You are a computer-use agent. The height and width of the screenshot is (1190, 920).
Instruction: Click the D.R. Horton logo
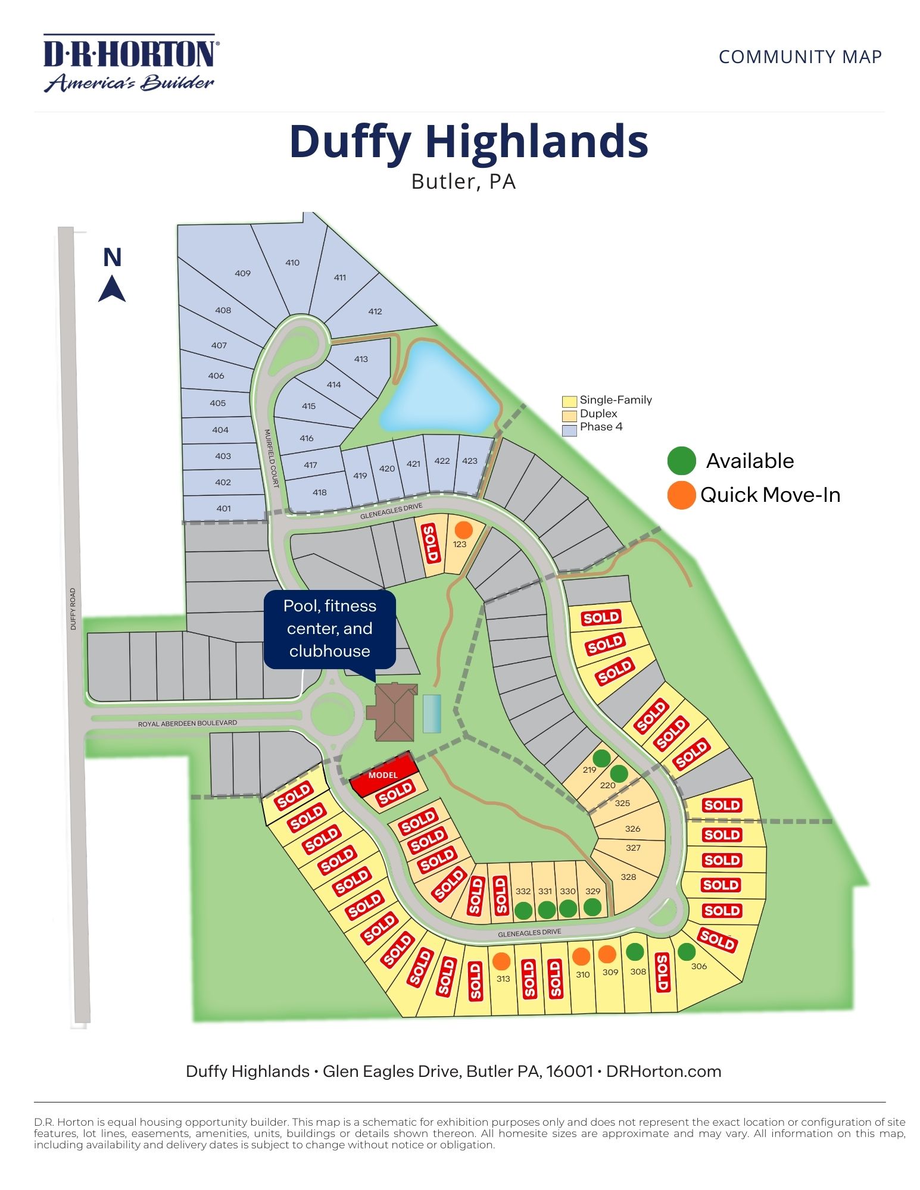[130, 63]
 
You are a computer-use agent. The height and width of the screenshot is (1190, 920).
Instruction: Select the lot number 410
[292, 263]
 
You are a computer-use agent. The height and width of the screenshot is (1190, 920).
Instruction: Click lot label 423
[470, 461]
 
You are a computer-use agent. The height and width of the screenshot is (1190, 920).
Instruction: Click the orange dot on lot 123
[463, 529]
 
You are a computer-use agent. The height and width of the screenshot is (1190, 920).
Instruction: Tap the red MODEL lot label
[383, 774]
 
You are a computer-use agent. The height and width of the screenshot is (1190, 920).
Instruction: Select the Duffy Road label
[73, 609]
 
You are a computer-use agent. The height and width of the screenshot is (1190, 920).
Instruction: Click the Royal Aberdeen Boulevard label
[188, 723]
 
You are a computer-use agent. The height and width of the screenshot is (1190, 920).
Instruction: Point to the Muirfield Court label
[272, 458]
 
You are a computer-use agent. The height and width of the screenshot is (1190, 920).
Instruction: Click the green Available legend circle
[682, 461]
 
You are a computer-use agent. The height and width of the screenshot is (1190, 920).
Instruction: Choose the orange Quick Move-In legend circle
[682, 495]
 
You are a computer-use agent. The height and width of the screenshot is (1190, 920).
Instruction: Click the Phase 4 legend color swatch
[569, 429]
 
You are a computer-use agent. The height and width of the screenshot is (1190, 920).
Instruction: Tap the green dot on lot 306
[687, 952]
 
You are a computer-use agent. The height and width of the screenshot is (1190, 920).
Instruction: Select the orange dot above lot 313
[502, 961]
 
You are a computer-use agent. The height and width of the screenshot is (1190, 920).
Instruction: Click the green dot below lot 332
[523, 910]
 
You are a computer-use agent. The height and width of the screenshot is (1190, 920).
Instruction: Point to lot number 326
[633, 829]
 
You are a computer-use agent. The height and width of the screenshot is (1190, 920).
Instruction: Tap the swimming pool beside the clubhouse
[432, 713]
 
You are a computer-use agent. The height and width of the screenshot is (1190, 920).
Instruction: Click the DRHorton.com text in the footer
[663, 1072]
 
